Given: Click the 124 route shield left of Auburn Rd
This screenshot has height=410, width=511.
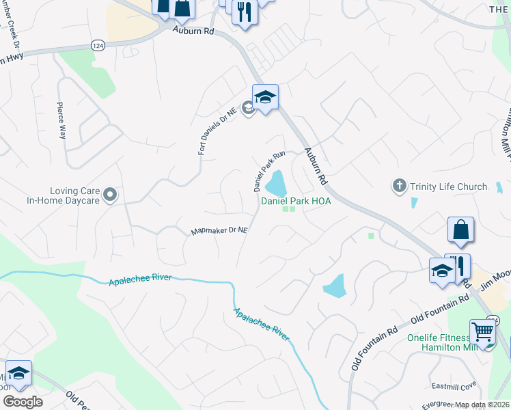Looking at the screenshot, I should (x=97, y=45).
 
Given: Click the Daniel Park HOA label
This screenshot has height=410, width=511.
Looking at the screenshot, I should (x=295, y=202).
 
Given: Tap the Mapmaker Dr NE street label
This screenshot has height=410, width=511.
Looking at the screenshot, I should (x=218, y=232).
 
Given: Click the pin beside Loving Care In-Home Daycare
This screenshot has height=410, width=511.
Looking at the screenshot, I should (x=109, y=196).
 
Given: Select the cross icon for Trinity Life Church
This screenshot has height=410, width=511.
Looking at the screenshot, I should (x=400, y=186).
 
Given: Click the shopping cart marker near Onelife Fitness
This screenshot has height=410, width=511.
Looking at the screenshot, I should (x=483, y=333).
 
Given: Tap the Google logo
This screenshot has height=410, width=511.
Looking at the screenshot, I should (x=23, y=402).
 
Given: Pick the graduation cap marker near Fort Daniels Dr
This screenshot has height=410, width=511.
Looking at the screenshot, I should (x=265, y=97).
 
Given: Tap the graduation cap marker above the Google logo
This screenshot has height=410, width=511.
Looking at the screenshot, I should (x=18, y=373).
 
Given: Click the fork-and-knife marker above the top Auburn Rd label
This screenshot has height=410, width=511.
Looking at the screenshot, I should (x=243, y=12).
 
